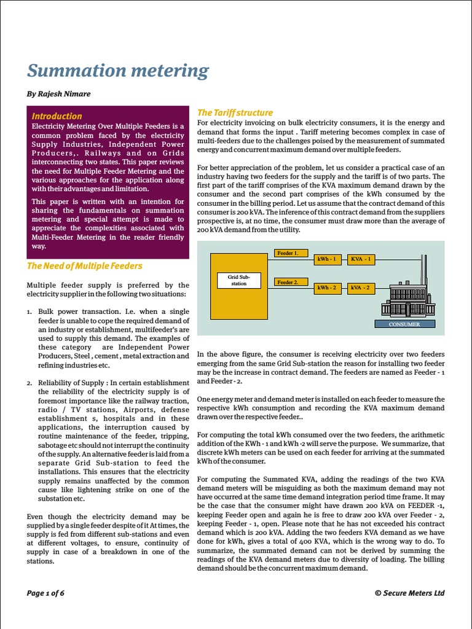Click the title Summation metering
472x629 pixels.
(x=118, y=71)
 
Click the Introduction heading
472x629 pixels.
(x=57, y=116)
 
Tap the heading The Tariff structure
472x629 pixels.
(x=235, y=112)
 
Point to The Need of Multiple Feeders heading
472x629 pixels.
(x=85, y=266)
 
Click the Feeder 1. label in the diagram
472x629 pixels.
(x=288, y=253)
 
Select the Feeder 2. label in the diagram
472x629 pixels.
(x=288, y=282)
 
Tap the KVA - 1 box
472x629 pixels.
(x=360, y=259)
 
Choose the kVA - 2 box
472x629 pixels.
(x=360, y=287)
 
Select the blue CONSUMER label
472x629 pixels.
(x=404, y=324)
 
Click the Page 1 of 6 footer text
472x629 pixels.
(x=45, y=593)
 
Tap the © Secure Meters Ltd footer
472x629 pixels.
(x=409, y=593)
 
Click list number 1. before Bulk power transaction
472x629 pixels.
(x=29, y=311)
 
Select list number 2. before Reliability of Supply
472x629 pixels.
(x=29, y=383)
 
